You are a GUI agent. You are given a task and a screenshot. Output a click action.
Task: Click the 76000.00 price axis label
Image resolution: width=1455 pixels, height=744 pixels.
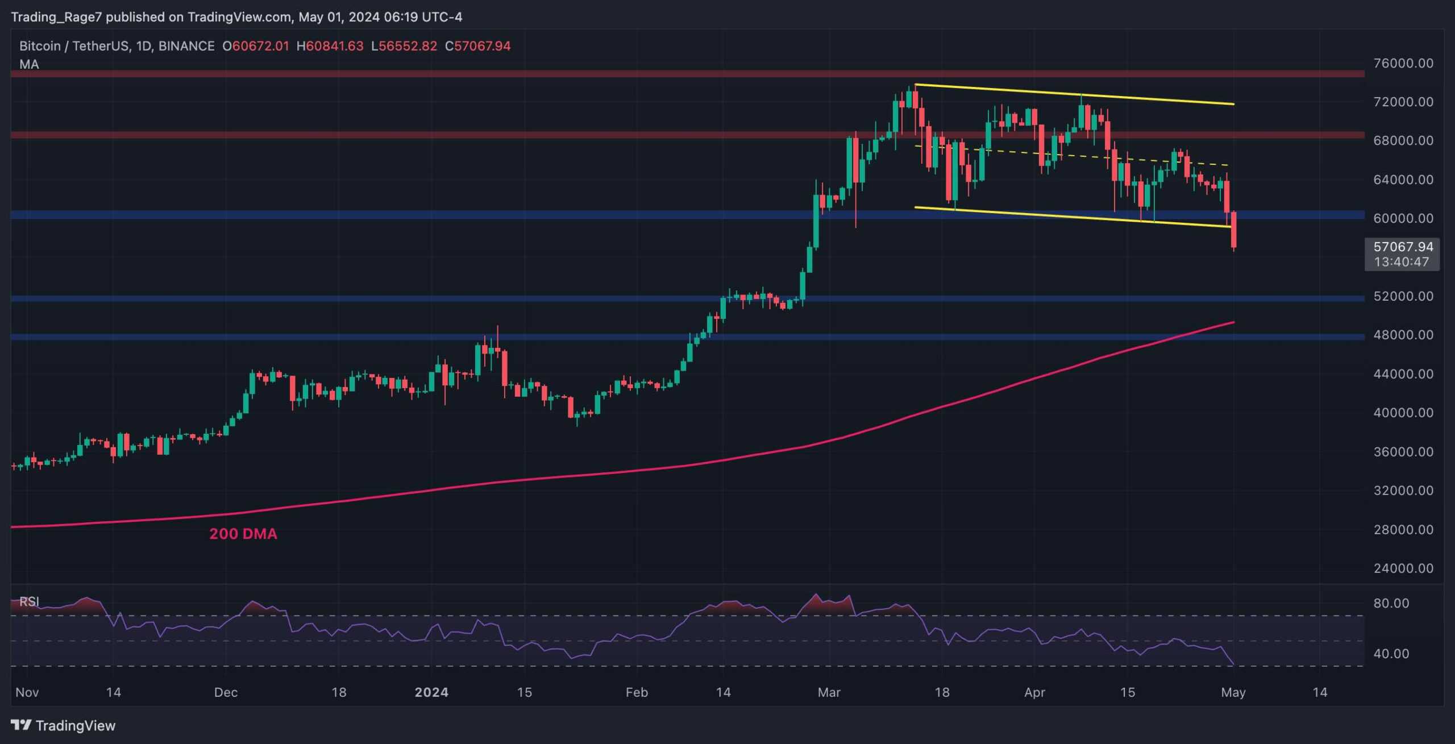1403,63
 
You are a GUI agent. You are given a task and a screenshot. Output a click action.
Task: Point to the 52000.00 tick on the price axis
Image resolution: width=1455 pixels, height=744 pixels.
1403,296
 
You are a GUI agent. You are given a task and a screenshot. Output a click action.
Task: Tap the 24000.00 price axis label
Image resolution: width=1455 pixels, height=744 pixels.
1403,568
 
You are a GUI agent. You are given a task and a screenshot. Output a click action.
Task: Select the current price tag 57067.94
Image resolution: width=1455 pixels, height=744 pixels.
1403,247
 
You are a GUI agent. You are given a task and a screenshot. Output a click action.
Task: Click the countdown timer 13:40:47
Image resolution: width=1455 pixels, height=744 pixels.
1401,262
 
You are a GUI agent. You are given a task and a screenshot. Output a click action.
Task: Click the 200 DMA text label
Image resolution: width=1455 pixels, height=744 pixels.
243,534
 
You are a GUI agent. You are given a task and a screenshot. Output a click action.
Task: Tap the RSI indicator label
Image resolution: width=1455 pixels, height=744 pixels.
29,601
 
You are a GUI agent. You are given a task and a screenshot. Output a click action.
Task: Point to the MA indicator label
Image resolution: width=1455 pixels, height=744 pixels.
29,64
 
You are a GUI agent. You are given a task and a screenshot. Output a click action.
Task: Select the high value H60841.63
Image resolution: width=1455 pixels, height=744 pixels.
330,46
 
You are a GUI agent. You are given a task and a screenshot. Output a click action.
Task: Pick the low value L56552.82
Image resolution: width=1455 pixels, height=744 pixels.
404,46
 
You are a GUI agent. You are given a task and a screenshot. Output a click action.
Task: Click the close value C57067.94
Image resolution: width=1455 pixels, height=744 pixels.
477,46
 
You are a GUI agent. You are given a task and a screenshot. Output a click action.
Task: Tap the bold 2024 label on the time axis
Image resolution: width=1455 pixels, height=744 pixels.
431,692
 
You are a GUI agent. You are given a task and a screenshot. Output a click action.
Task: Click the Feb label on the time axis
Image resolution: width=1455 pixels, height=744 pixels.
637,692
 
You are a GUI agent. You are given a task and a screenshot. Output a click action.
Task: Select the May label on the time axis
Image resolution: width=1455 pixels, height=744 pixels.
1233,692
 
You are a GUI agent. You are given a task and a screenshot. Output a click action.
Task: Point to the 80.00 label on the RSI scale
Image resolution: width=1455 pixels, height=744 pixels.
1391,603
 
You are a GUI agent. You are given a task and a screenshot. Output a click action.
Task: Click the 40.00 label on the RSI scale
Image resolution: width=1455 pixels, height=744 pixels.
1391,654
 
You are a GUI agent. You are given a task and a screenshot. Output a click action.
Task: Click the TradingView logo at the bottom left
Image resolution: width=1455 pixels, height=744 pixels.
63,725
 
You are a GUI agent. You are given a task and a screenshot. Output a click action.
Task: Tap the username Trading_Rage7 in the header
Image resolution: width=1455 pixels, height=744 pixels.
56,17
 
